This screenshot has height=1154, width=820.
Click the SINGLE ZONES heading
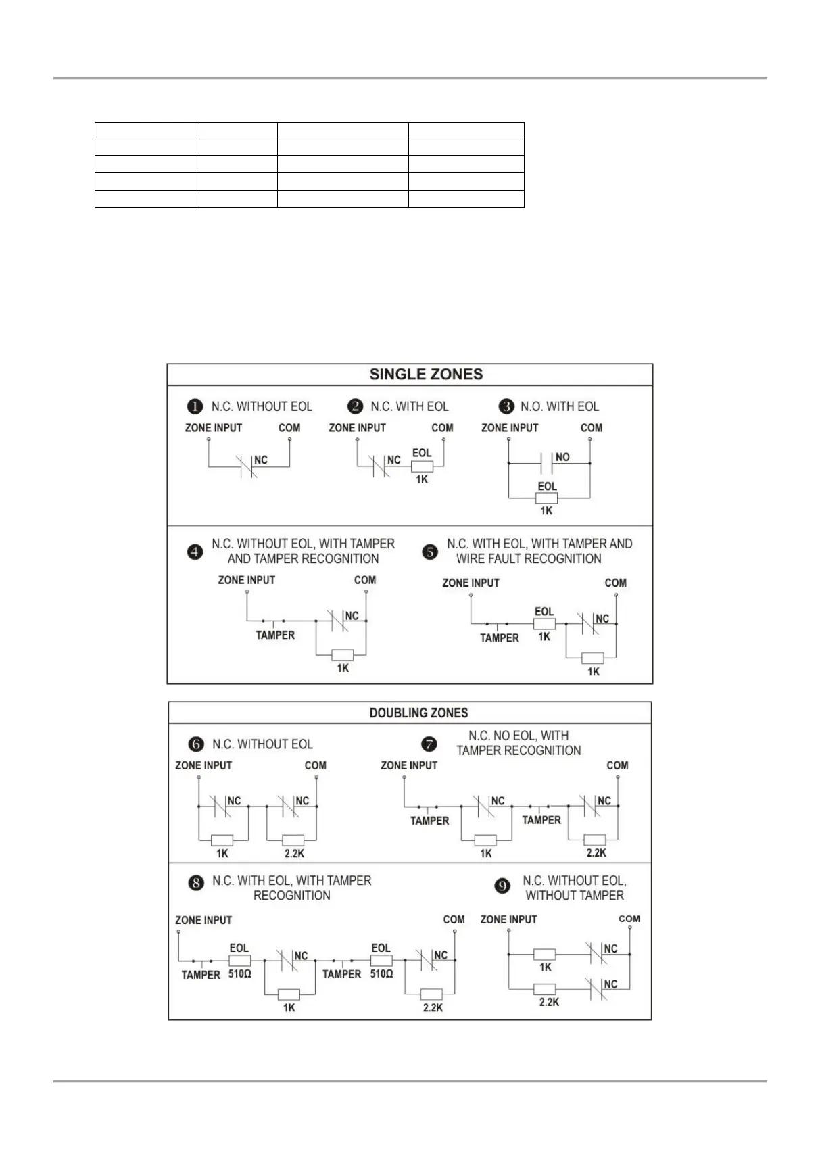coord(426,375)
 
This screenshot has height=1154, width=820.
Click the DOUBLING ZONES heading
coord(418,713)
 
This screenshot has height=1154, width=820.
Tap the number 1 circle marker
coord(195,406)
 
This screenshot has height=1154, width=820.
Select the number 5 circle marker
coord(430,552)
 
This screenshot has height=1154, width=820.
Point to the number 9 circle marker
coord(502,886)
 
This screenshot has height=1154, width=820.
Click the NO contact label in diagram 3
coord(562,457)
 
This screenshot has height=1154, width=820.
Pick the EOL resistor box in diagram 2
coord(422,466)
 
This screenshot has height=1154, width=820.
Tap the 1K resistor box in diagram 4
coord(343,654)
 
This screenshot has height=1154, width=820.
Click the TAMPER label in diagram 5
coord(500,638)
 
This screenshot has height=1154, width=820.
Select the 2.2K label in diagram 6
coord(294,853)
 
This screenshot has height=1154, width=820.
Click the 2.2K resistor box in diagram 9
coord(545,988)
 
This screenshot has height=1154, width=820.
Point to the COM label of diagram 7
coord(617,765)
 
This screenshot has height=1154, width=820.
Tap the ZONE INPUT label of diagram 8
coord(203,920)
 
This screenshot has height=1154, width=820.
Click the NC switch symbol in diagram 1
coord(247,466)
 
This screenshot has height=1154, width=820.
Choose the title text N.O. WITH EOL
coord(560,406)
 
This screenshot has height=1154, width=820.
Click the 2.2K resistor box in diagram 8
coord(432,994)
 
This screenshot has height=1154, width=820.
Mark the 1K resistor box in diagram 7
coord(485,840)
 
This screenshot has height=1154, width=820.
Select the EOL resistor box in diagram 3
coord(546,498)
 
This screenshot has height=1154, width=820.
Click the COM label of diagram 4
coord(365,580)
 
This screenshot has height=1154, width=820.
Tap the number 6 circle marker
coord(196,744)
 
